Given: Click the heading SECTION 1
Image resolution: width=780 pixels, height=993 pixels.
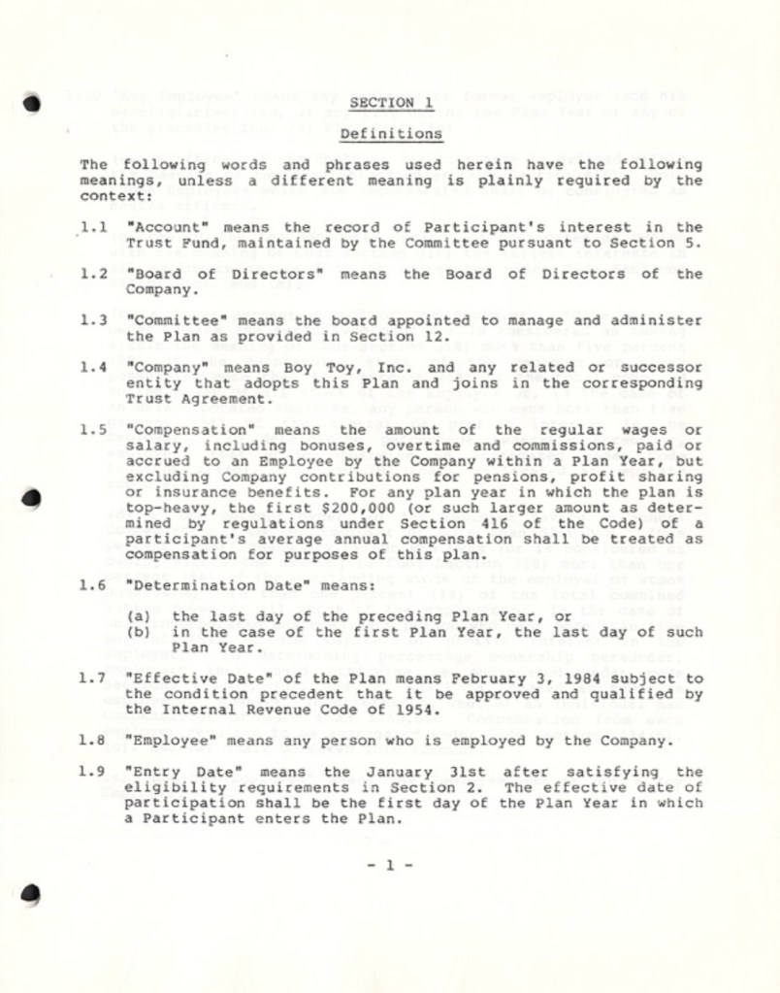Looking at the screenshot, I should tap(391, 102).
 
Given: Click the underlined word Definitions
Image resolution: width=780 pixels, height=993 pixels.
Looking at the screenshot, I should tap(391, 133).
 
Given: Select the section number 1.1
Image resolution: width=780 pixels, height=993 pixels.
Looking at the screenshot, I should tap(93, 227).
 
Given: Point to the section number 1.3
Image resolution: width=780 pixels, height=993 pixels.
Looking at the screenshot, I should tap(93, 320).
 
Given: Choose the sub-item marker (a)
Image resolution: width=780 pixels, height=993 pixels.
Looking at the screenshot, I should tap(139, 616).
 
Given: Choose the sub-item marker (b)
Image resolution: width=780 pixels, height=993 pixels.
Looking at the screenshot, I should tap(139, 632).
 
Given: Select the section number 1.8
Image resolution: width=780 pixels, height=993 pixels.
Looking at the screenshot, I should tap(93, 741).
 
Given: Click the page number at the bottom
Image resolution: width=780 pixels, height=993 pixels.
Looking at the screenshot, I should tap(390, 865).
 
